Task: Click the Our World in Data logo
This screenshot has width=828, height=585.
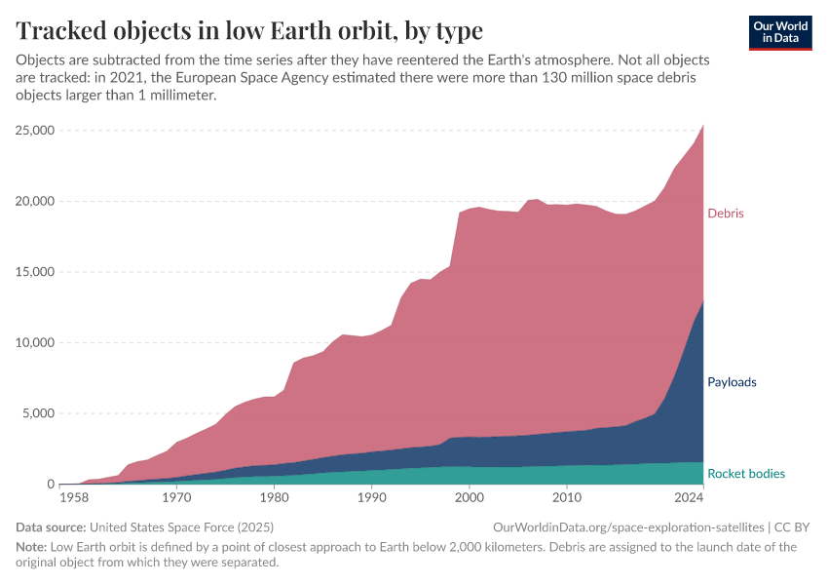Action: point(780,32)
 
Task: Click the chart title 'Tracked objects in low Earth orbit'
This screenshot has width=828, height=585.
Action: point(249,30)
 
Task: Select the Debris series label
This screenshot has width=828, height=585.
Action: point(726,213)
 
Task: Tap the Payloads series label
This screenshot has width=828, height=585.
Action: point(732,382)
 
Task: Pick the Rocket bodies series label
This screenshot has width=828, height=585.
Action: point(746,474)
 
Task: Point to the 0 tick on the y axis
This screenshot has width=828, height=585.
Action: point(50,485)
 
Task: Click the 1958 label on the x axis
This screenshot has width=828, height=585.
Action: point(74,498)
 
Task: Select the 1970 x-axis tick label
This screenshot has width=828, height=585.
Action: point(176,498)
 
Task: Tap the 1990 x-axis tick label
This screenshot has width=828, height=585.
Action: point(371,498)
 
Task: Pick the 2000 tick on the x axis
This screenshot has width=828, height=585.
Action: point(470,498)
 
